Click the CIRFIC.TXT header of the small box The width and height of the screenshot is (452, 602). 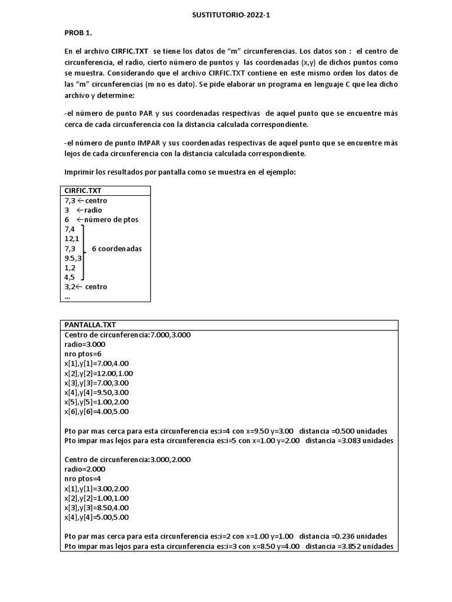pos(83,190)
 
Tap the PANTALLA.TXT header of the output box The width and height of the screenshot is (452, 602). pos(91,325)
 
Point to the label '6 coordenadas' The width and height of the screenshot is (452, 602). pos(117,249)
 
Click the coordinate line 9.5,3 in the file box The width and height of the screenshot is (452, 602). pos(73,257)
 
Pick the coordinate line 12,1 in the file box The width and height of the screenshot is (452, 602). pos(72,239)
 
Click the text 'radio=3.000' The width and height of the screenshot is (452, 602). pos(85,345)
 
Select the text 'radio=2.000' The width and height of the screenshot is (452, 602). pos(85,469)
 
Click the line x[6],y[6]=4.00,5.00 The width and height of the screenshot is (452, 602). pos(97,412)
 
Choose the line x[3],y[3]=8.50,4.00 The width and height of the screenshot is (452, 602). pos(97,507)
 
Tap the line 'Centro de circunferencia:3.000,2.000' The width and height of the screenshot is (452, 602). pos(127,460)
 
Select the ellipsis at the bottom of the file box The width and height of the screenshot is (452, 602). pos(67,297)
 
